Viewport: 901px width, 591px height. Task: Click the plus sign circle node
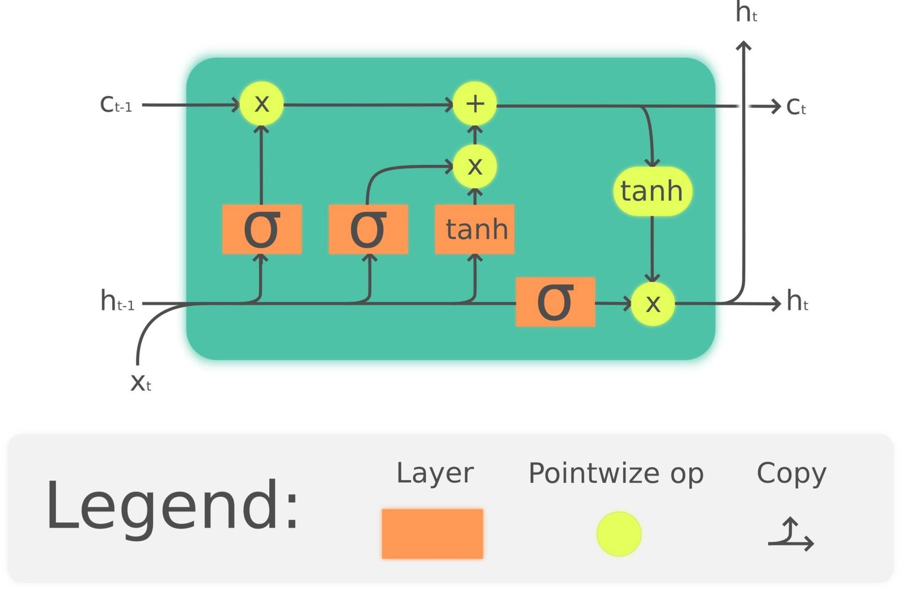coord(475,104)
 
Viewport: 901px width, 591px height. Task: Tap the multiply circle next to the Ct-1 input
coord(261,104)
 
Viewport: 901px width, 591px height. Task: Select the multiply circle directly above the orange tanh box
coord(475,166)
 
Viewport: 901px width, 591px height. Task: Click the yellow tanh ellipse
coord(652,191)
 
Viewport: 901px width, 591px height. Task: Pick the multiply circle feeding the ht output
coord(653,303)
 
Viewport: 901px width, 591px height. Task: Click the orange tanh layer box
coord(475,229)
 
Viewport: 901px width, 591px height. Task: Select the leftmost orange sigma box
coord(262,229)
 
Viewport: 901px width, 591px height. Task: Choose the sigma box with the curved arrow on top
coord(368,229)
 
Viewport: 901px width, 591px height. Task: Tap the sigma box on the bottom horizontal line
coord(555,302)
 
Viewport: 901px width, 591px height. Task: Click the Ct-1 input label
coord(116,105)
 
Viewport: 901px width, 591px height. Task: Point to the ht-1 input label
coord(117,302)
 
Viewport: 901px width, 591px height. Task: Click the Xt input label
coord(140,383)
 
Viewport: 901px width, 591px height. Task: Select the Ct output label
coord(795,107)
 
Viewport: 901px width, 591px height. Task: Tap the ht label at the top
coord(746,13)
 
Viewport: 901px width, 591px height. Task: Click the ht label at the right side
coord(797,301)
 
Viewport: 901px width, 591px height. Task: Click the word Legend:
coord(173,505)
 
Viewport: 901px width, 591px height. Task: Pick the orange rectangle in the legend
coord(432,533)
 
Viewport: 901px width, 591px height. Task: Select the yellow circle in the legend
coord(619,533)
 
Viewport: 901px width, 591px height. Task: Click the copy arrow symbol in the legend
coord(791,535)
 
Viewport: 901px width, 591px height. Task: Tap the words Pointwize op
coord(616,473)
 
